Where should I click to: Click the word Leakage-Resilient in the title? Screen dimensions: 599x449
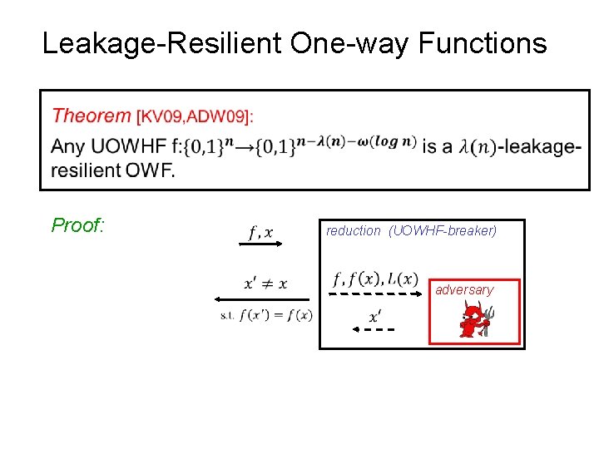[162, 43]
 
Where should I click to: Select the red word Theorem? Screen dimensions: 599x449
[91, 116]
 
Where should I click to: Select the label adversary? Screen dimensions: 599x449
[464, 290]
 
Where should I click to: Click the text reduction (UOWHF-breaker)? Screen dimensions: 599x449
[411, 231]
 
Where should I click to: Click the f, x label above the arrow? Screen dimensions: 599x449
[261, 232]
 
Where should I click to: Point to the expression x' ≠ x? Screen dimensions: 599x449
[266, 284]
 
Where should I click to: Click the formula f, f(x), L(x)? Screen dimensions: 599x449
[375, 278]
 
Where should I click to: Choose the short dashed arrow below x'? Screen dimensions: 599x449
[374, 329]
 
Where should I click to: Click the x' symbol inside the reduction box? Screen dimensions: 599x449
[375, 316]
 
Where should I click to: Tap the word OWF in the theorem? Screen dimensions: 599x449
[151, 171]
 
